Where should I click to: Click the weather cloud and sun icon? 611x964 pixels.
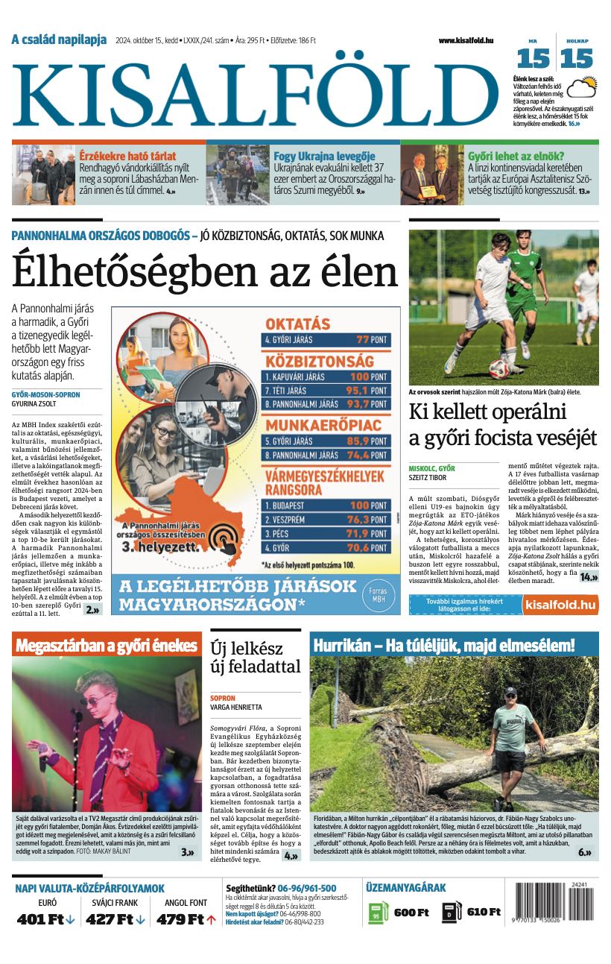[x=581, y=88]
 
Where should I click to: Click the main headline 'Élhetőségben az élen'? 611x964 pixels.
[x=205, y=273]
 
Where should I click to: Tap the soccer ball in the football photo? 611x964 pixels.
[x=497, y=368]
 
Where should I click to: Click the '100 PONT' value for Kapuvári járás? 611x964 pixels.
[x=368, y=377]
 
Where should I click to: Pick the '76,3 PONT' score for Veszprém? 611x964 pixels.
[x=368, y=520]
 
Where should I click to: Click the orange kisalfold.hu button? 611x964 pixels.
[x=560, y=605]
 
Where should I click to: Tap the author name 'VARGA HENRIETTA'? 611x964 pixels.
[x=236, y=707]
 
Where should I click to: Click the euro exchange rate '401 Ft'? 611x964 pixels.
[x=40, y=919]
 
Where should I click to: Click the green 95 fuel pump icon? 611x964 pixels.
[x=378, y=913]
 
